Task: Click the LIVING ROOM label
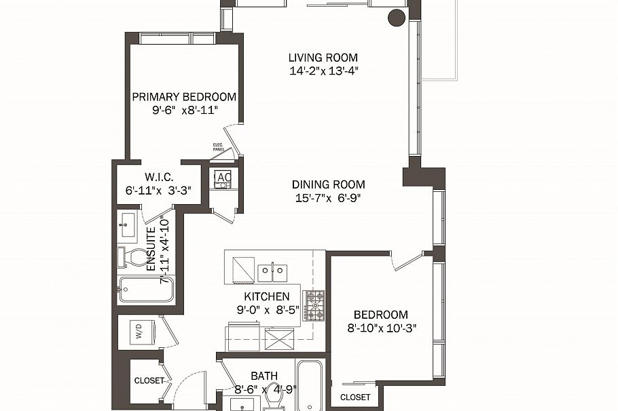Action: point(322,58)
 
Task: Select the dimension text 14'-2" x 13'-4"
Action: point(322,71)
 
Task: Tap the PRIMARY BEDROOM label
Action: point(184,97)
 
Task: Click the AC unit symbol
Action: point(223,178)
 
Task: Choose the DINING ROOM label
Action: point(328,184)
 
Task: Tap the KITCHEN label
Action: point(267,297)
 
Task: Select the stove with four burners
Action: point(313,305)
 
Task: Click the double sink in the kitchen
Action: point(273,273)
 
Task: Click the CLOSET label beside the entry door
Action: point(149,380)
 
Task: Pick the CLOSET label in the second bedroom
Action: point(355,397)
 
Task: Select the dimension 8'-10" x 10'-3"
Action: point(380,328)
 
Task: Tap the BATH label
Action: point(263,376)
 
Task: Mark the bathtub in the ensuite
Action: point(145,290)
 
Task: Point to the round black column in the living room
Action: point(396,18)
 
